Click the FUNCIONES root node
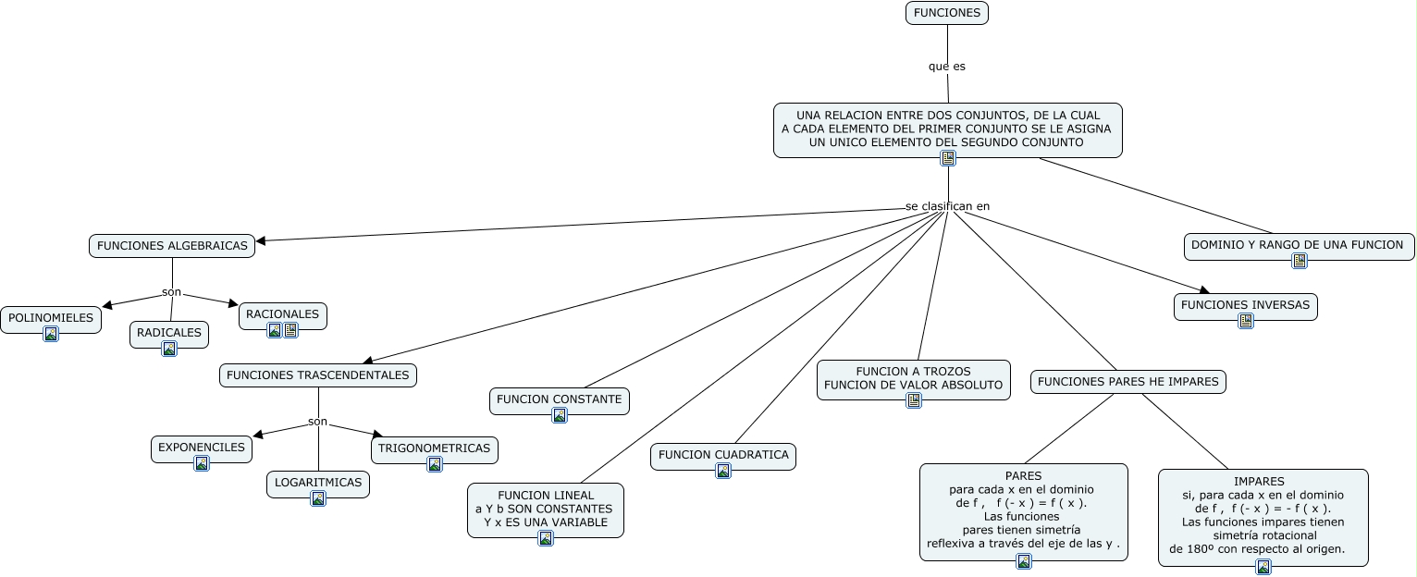pos(946,13)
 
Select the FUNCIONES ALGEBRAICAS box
pos(172,245)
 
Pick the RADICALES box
pos(169,335)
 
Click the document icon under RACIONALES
pos(290,330)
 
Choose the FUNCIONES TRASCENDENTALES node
pos(317,375)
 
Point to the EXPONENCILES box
pos(201,449)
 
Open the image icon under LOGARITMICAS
pos(318,498)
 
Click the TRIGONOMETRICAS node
pos(434,450)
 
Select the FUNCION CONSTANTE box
pos(560,401)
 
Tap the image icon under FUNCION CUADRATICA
pos(723,471)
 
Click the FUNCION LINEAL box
pos(546,510)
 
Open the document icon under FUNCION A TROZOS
pos(914,399)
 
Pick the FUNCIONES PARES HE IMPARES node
pos(1127,382)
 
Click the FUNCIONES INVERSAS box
pos(1246,307)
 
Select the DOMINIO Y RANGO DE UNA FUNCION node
pos(1299,247)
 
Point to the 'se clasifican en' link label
pos(947,206)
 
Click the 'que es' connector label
pos(946,66)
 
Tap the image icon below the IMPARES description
pos(1263,567)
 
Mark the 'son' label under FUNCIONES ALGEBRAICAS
pos(171,291)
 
